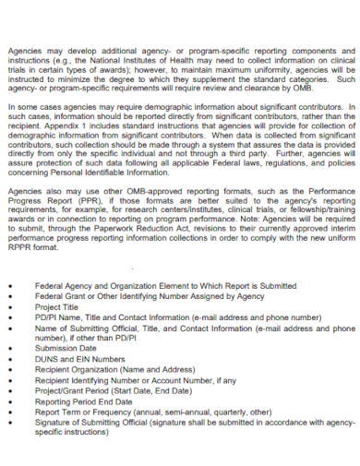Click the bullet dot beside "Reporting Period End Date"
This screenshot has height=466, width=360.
pos(9,401)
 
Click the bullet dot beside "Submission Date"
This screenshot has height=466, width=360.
pos(9,348)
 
